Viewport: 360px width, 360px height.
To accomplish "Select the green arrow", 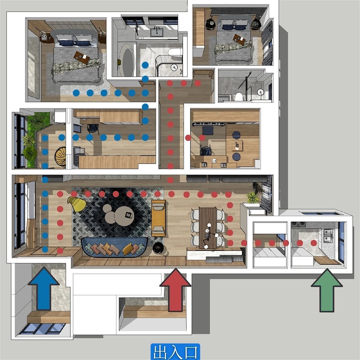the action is pyautogui.click(x=327, y=291).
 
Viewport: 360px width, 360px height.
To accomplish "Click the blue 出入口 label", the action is pyautogui.click(x=175, y=352).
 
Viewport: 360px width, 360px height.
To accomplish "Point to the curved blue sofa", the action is pyautogui.click(x=114, y=247).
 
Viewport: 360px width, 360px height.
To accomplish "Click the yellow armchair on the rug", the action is pyautogui.click(x=77, y=204).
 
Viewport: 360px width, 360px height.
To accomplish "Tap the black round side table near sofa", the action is pyautogui.click(x=158, y=248).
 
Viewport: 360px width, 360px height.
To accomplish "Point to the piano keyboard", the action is pyautogui.click(x=208, y=124).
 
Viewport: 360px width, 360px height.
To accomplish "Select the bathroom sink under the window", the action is pyautogui.click(x=157, y=33).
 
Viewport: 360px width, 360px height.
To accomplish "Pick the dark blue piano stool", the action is pyautogui.click(x=208, y=130).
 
